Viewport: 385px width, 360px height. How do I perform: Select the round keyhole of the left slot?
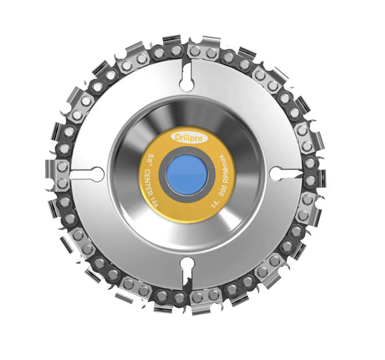click(97, 173)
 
